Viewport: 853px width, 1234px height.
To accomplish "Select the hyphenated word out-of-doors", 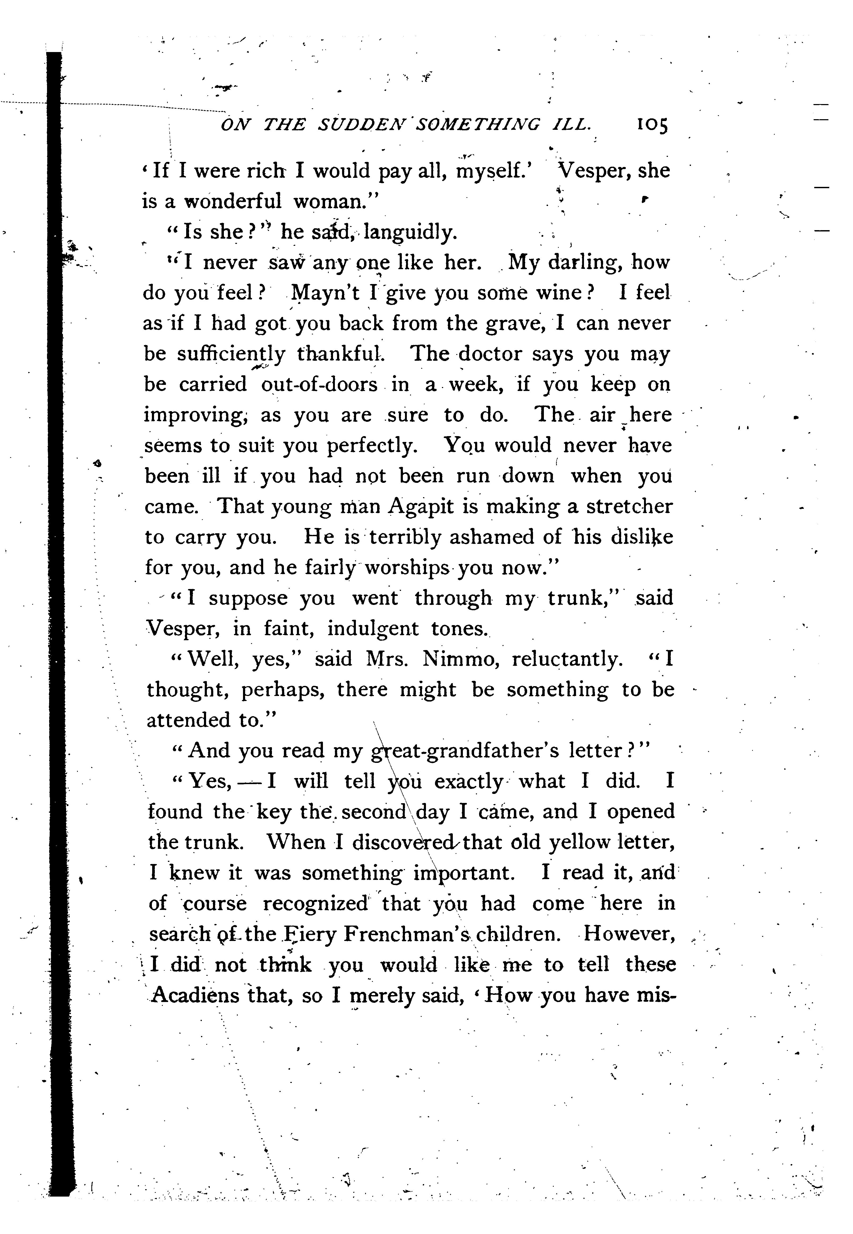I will coord(319,385).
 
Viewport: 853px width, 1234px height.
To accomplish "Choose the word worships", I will coord(407,567).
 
